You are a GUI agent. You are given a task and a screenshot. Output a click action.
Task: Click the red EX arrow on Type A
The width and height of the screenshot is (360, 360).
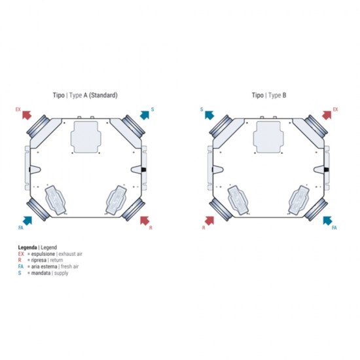[x=27, y=115]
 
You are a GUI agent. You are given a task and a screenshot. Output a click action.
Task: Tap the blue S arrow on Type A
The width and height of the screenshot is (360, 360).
[x=145, y=115]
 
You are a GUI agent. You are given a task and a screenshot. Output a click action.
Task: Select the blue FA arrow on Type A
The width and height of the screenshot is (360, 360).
[x=27, y=221]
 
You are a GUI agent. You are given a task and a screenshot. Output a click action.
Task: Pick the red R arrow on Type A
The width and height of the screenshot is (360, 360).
[x=145, y=221]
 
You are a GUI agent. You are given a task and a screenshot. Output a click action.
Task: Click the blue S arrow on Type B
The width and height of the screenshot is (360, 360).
[x=209, y=115]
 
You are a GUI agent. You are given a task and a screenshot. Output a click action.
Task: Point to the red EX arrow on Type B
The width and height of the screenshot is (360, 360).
[x=327, y=115]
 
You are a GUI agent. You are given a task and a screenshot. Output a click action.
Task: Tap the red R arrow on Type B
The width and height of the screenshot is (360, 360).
[x=209, y=221]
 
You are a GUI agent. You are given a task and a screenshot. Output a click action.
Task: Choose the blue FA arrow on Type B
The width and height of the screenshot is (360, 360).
[x=327, y=221]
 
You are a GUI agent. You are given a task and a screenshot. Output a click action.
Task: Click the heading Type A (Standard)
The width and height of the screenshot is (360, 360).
[x=94, y=95]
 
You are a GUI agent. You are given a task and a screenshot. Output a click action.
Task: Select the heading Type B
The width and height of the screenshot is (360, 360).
[x=278, y=95]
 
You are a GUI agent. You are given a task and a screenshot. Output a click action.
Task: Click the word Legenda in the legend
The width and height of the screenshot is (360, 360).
[x=27, y=247]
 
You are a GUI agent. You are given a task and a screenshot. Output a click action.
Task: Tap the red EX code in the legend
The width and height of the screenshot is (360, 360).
[x=21, y=254]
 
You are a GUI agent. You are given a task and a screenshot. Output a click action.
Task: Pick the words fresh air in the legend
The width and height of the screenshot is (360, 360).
[x=70, y=266]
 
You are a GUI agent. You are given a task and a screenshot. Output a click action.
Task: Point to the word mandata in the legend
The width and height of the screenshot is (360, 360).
[x=41, y=273]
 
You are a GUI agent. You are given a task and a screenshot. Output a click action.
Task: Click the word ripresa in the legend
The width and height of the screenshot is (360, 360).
[x=39, y=261]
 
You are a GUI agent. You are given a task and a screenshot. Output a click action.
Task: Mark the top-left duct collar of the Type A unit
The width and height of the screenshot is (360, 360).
[x=39, y=125]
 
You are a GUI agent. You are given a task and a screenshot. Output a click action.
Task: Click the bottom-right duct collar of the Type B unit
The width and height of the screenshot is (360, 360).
[x=316, y=209]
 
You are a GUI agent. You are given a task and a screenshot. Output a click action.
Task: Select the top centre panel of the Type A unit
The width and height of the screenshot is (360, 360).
[x=86, y=137]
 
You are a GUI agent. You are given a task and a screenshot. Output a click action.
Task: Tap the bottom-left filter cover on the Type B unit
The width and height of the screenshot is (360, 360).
[x=238, y=200]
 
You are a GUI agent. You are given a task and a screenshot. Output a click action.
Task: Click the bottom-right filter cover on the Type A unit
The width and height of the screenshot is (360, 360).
[x=116, y=200]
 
